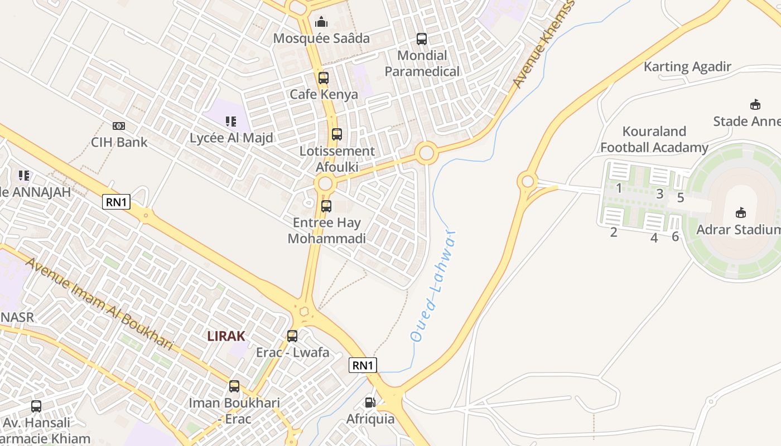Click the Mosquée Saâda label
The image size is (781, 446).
(x=321, y=38)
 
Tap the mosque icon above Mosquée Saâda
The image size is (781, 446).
(x=321, y=22)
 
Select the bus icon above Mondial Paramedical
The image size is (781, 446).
(x=422, y=39)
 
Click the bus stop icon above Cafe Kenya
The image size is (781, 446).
(x=324, y=78)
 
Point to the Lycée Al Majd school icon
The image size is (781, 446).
(x=231, y=121)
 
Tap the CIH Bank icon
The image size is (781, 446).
(x=119, y=126)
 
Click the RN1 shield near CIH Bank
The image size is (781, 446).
(x=116, y=202)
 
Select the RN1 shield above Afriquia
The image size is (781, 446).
(x=363, y=365)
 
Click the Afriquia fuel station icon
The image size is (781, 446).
(x=370, y=403)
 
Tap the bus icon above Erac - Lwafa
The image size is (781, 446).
(x=292, y=336)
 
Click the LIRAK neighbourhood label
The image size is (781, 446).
(x=226, y=336)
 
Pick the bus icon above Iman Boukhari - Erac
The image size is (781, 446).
(x=234, y=386)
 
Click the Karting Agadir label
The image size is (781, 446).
(x=687, y=67)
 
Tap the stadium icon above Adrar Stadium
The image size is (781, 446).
(x=741, y=213)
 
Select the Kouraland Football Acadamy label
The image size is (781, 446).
(x=654, y=139)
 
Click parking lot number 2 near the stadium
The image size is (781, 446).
(x=614, y=232)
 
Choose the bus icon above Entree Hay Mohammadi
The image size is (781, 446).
(x=326, y=206)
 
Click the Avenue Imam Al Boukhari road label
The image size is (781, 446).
(x=99, y=304)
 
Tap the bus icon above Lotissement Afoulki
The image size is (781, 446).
(x=337, y=134)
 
